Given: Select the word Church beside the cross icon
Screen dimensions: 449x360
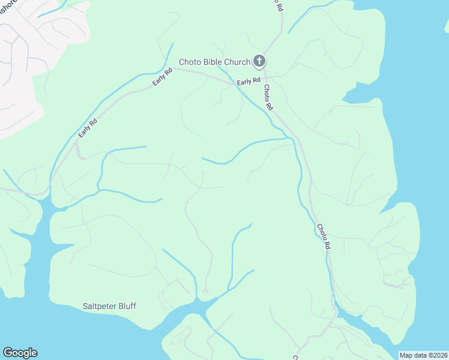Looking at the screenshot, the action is point(237,62).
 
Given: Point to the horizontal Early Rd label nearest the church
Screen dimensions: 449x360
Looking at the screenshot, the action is point(248,81).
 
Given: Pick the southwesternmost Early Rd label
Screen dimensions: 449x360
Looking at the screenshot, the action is point(87,127).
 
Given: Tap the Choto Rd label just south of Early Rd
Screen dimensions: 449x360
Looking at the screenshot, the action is point(268,97).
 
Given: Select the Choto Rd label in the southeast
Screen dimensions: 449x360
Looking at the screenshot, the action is point(324,236).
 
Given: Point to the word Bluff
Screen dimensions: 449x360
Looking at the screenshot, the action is point(126,306).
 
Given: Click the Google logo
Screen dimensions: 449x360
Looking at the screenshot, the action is point(20,353).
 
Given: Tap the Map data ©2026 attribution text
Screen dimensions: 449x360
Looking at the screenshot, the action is point(423,355).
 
